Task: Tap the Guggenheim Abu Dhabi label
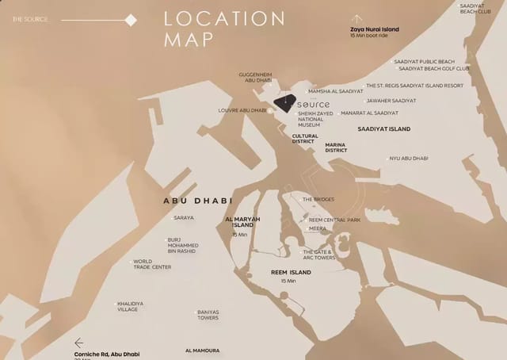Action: (x=256, y=78)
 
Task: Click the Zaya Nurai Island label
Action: (x=375, y=29)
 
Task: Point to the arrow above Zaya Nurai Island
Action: (x=356, y=17)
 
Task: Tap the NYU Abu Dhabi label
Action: (x=409, y=159)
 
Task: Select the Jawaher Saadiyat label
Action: (x=391, y=101)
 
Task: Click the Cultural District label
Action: (x=304, y=139)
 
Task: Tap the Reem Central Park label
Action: (x=334, y=220)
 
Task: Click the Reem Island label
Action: (x=290, y=273)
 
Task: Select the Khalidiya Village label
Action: (x=128, y=307)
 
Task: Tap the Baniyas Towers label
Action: (x=208, y=315)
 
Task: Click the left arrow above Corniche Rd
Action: (x=79, y=343)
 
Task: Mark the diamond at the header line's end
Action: (x=132, y=19)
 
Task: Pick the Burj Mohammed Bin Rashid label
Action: (x=184, y=245)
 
